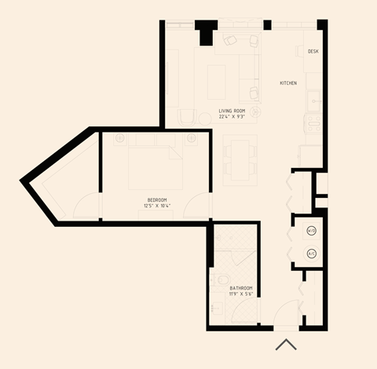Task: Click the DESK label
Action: pyautogui.click(x=313, y=51)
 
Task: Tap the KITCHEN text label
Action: pyautogui.click(x=288, y=82)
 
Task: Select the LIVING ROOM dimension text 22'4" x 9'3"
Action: pyautogui.click(x=232, y=117)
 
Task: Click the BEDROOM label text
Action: pyautogui.click(x=156, y=199)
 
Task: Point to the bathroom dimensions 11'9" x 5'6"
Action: pyautogui.click(x=241, y=294)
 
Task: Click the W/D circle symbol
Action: pyautogui.click(x=311, y=231)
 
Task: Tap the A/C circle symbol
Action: pyautogui.click(x=311, y=253)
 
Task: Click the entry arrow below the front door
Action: pyautogui.click(x=285, y=345)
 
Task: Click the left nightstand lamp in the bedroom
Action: pyautogui.click(x=119, y=138)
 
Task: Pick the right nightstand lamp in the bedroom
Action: pyautogui.click(x=192, y=138)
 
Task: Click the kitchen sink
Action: pyautogui.click(x=313, y=100)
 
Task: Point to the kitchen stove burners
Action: pyautogui.click(x=313, y=122)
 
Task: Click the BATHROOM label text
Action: pyautogui.click(x=241, y=288)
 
